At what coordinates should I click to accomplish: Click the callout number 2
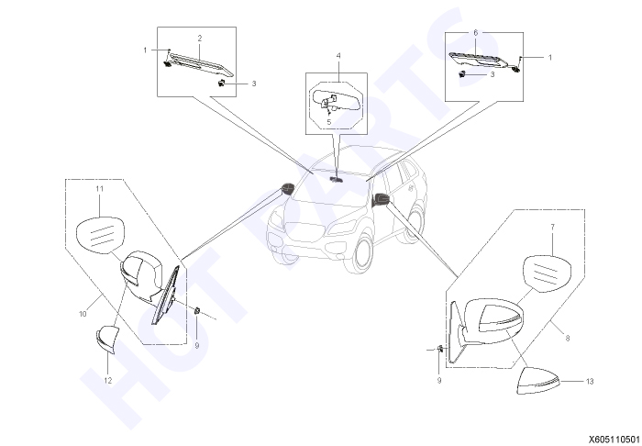[x=200, y=39]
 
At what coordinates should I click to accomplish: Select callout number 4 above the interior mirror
[x=338, y=56]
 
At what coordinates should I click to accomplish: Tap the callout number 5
[x=328, y=122]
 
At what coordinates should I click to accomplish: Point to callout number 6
[x=475, y=33]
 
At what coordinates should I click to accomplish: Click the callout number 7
[x=553, y=227]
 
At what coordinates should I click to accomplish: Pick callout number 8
[x=567, y=339]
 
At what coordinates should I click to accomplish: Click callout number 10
[x=83, y=314]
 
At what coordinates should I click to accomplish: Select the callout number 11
[x=99, y=189]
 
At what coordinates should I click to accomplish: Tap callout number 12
[x=107, y=381]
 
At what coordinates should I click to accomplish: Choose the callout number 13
[x=590, y=381]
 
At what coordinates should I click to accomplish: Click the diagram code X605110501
[x=614, y=440]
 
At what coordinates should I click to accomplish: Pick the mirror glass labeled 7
[x=548, y=273]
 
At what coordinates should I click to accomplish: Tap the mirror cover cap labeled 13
[x=538, y=381]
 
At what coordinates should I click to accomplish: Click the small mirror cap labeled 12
[x=107, y=339]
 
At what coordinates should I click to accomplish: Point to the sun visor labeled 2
[x=201, y=64]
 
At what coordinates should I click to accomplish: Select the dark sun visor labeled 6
[x=478, y=60]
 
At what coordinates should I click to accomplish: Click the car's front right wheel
[x=360, y=253]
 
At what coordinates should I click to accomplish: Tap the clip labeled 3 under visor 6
[x=462, y=74]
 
